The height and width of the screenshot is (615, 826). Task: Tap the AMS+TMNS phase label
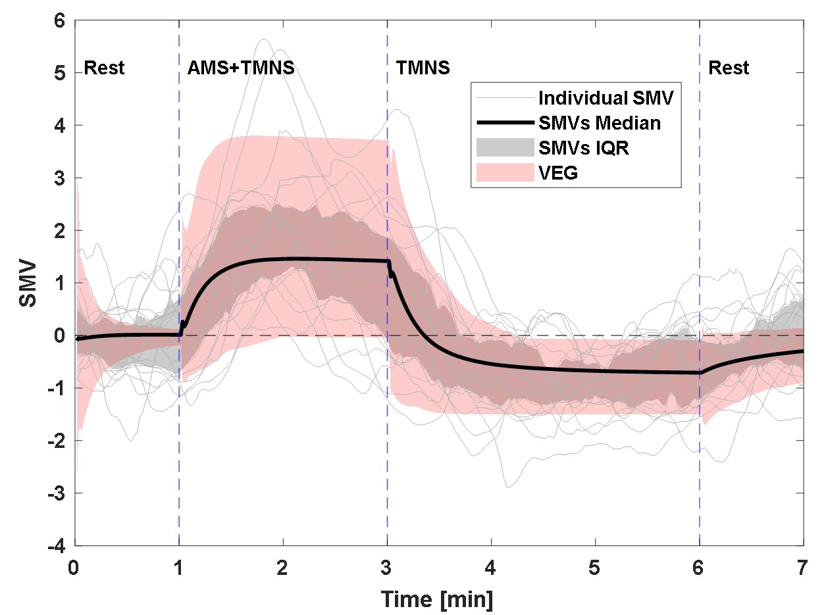click(x=241, y=68)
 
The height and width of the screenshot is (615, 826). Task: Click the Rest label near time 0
click(x=104, y=68)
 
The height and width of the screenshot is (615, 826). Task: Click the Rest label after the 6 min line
click(x=729, y=68)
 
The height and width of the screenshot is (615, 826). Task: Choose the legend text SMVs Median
click(x=600, y=123)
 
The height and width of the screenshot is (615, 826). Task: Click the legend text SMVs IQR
click(x=584, y=149)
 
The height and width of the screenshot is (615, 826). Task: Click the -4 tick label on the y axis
click(x=57, y=546)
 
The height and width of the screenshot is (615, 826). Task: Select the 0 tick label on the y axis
click(x=61, y=335)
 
